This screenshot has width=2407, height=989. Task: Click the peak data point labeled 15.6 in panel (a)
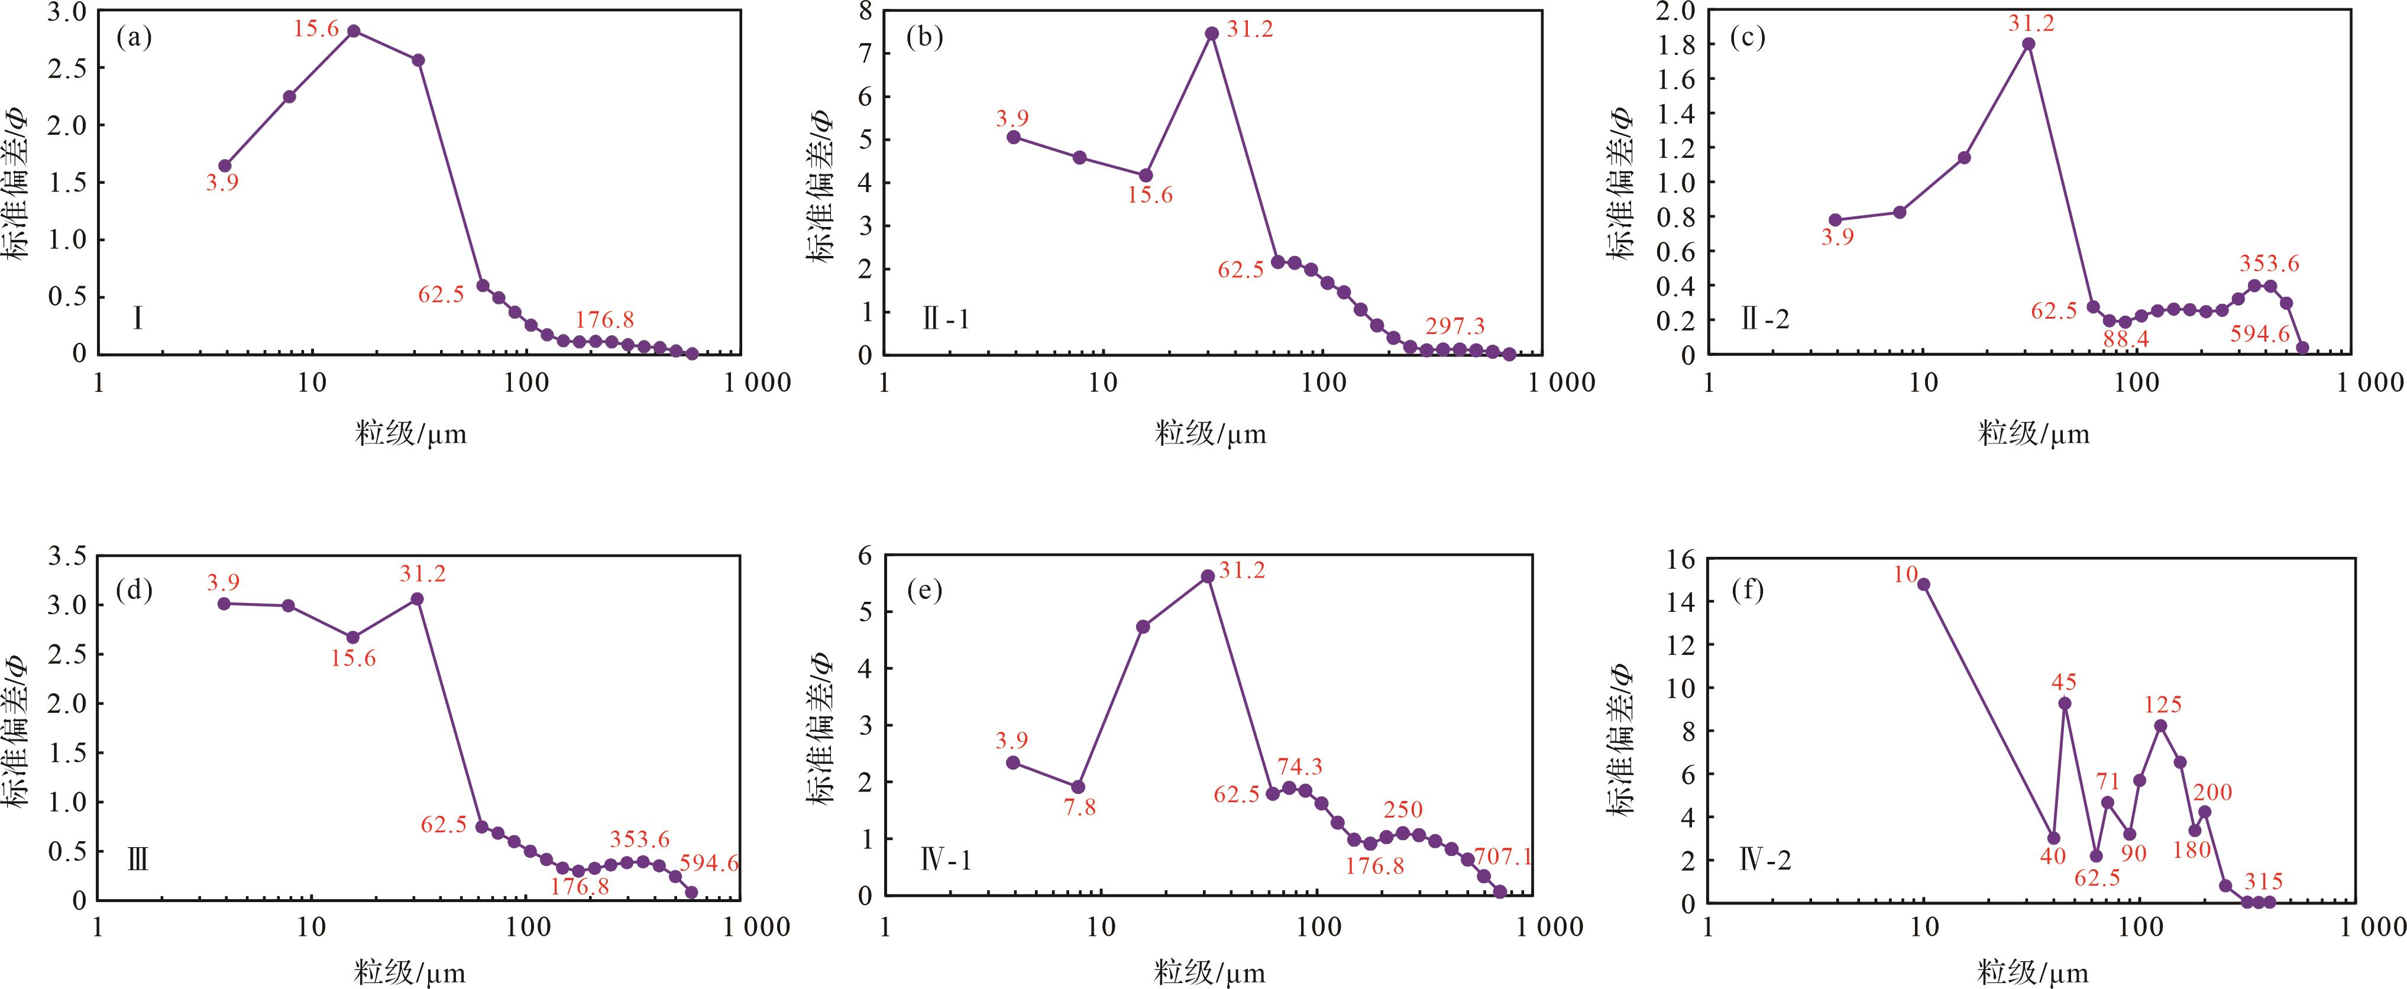[353, 31]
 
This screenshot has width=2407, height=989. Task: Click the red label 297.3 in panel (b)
[1455, 326]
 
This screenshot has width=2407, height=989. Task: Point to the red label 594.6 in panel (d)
[709, 863]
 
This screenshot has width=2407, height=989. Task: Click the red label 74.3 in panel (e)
[1300, 767]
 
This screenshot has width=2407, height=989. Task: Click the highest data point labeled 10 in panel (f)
[1924, 585]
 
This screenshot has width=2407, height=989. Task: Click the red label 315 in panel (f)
[2263, 881]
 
